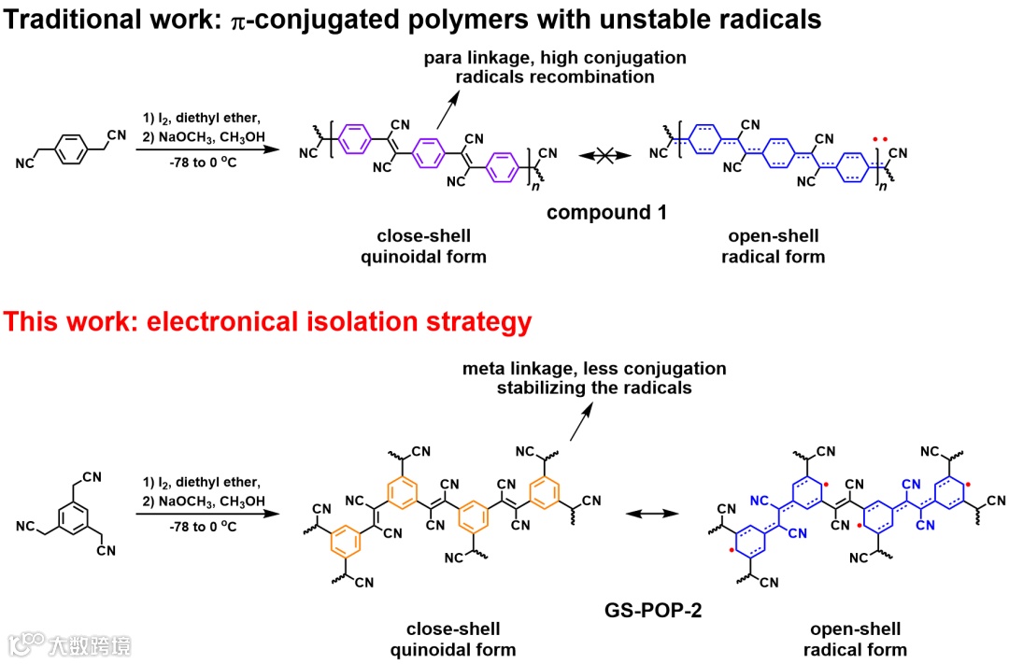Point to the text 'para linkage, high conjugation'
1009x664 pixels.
tap(555, 58)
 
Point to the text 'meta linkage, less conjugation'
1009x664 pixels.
tap(594, 369)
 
